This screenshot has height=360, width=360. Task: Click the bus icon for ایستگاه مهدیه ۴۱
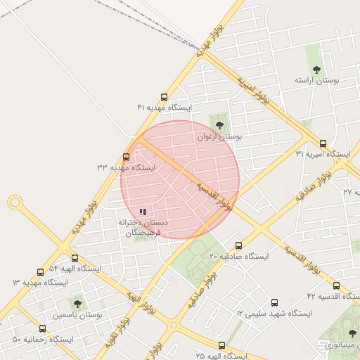point(165,98)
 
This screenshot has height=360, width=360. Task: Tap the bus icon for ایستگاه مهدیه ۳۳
point(126,157)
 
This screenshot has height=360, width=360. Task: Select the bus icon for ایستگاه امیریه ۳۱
point(323,143)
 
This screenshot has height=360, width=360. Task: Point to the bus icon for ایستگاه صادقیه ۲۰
point(238,246)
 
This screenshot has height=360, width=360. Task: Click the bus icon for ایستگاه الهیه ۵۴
point(75,259)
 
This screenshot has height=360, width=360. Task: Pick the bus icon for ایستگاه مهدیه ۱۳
point(40,272)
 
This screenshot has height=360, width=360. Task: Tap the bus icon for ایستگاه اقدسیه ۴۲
point(336,286)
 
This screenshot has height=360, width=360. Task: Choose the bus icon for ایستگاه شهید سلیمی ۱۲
point(274,303)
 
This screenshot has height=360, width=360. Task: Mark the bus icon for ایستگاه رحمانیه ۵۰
point(42,329)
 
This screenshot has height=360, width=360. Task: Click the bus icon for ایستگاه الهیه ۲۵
point(222,346)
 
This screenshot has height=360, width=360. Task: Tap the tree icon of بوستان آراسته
point(316,70)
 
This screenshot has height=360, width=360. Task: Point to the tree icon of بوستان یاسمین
point(77,304)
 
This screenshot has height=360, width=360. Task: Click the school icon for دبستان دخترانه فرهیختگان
point(143,212)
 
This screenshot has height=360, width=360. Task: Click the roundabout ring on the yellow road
point(15,203)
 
